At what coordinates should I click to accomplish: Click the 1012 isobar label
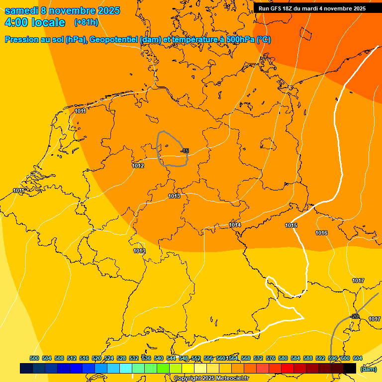point(138,166)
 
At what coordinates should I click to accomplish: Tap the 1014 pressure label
point(235,225)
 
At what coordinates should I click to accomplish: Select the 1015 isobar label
point(291,226)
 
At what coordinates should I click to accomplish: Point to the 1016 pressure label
point(321,233)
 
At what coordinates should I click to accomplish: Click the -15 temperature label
point(185,151)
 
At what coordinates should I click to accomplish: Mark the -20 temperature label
point(355,316)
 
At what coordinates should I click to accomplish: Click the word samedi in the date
point(21,11)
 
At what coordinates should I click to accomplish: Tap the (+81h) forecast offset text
point(86,22)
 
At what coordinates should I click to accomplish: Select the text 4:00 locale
point(35,22)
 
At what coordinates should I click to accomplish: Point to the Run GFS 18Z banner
point(312,8)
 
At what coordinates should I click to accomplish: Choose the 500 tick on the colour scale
point(34,358)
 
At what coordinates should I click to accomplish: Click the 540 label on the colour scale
point(159,358)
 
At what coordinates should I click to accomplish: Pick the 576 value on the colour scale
point(271,358)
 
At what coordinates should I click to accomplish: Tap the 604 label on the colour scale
point(358,358)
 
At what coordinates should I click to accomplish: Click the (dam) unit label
point(369,369)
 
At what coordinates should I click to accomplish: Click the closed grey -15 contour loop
point(158,149)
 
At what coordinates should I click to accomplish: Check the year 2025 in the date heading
point(105,11)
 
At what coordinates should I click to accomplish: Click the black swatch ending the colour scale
point(350,368)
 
